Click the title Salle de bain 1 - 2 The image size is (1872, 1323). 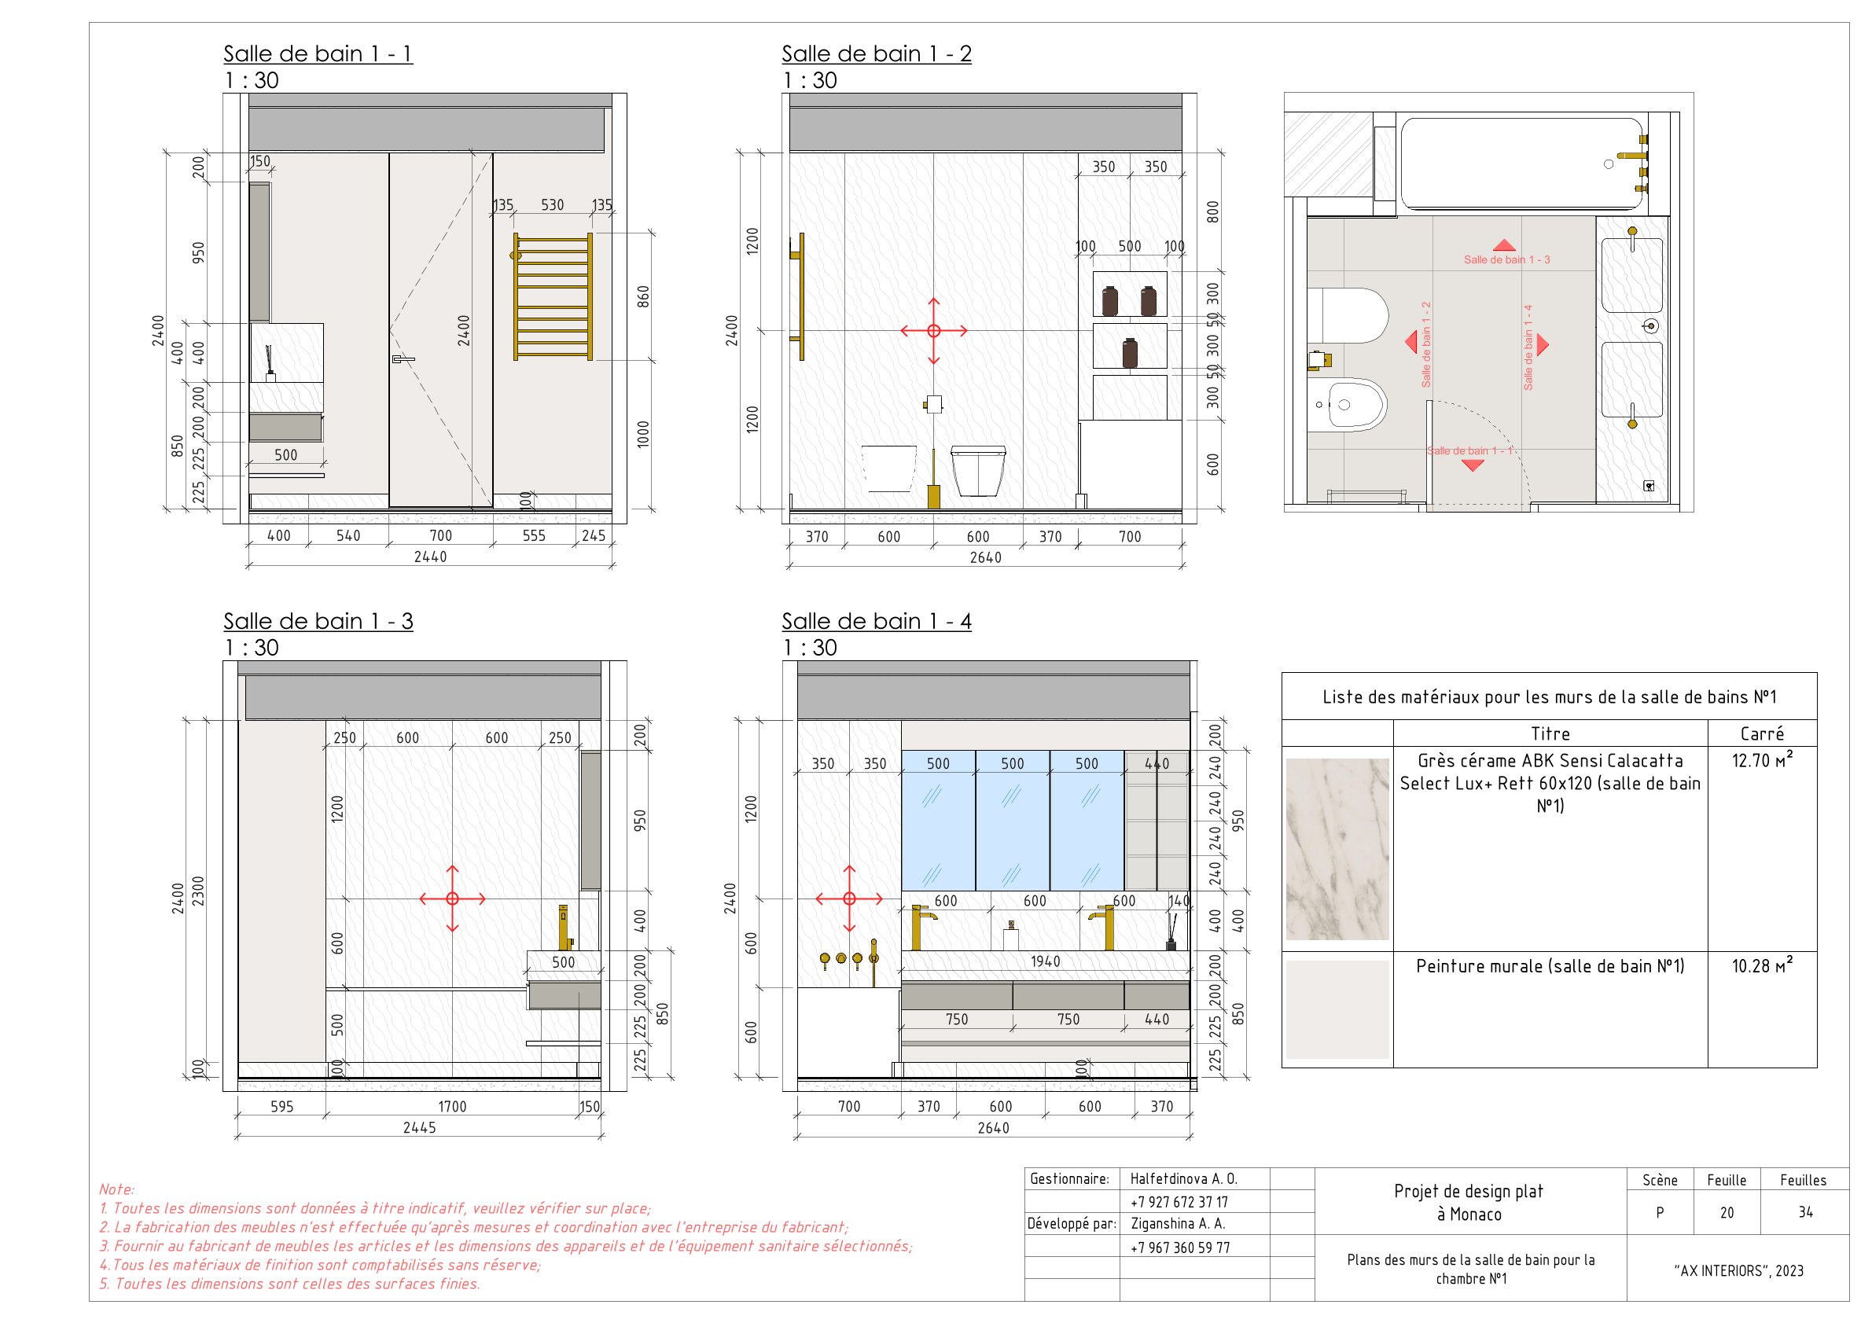(876, 53)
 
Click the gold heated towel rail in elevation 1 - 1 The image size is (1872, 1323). (552, 296)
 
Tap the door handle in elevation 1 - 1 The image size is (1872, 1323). (403, 358)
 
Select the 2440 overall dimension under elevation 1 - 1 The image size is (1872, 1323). (430, 557)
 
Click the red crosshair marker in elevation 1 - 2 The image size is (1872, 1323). (933, 330)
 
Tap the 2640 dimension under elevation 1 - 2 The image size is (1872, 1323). (985, 557)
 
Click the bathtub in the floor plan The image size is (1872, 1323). (1521, 163)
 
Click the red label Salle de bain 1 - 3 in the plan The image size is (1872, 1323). (1506, 259)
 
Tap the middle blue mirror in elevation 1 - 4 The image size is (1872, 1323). (1012, 819)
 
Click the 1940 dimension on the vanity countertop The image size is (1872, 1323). (1044, 961)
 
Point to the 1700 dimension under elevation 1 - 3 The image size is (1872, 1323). (452, 1106)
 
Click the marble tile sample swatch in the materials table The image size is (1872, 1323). (1337, 848)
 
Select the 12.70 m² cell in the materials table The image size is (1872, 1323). (1761, 760)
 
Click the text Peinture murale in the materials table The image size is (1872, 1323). (1549, 966)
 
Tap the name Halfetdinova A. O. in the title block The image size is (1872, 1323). (1183, 1178)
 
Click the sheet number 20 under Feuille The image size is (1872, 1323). (1726, 1212)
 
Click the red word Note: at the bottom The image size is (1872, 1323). (116, 1189)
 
